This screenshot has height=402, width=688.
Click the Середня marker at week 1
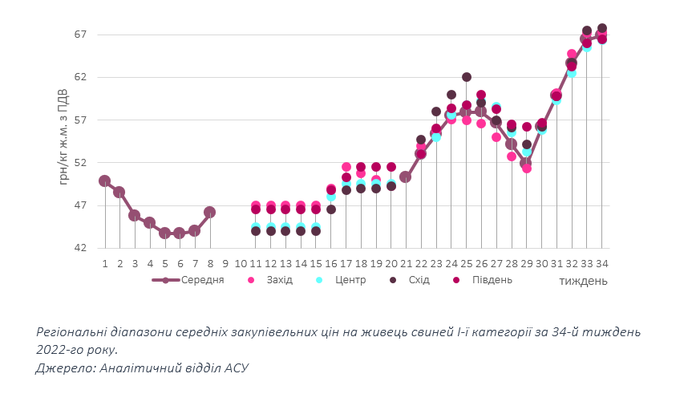pos(104,181)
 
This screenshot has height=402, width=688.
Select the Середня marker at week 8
pos(210,213)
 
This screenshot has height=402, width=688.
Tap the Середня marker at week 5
pos(164,233)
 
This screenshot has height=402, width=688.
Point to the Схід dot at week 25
pos(466,77)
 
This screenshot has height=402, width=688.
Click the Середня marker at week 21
pos(406,177)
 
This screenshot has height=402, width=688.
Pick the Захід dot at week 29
pos(527,169)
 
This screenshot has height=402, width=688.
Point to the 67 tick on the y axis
pos(80,35)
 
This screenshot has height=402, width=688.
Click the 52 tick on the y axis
pos(80,163)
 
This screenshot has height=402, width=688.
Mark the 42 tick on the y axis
pos(80,248)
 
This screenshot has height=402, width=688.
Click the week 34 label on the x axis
pos(601,262)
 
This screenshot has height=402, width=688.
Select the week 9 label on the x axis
pos(225,262)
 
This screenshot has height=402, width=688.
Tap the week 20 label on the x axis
pos(391,262)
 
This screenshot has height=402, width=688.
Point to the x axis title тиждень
pos(583,281)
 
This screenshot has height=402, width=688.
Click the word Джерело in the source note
pos(63,368)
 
